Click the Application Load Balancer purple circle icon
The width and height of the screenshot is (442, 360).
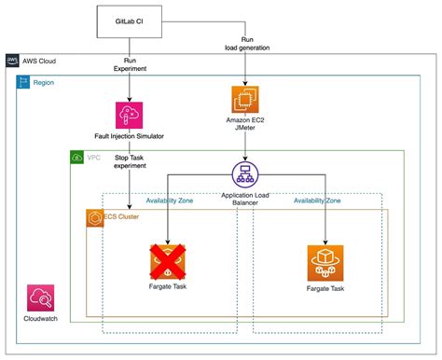(244, 173)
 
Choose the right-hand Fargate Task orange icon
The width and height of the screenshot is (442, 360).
(324, 264)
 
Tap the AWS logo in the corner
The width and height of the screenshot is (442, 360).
(13, 61)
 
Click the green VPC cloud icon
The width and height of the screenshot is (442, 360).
(77, 158)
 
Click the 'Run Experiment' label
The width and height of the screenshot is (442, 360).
(128, 64)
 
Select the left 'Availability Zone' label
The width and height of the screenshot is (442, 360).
(170, 201)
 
